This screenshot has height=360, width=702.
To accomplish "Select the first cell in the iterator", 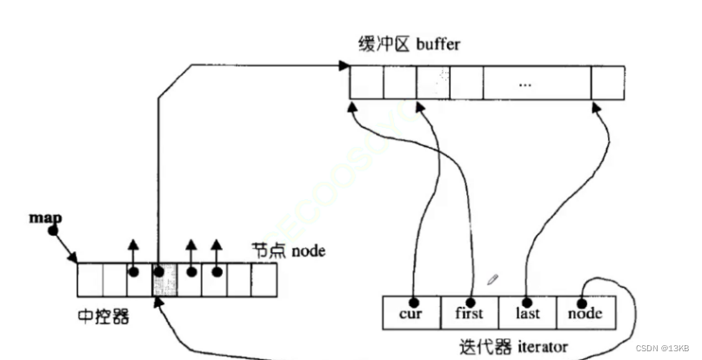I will click(x=469, y=313).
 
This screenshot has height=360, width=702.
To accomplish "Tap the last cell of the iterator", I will click(x=526, y=313).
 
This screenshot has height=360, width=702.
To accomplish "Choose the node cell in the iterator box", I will click(x=585, y=313).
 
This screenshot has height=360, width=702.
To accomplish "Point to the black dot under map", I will click(x=52, y=232).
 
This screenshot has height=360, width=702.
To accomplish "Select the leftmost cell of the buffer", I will click(x=366, y=83).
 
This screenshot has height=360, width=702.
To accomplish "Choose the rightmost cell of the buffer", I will click(x=607, y=83).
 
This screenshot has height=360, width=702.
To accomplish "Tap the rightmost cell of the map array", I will click(x=264, y=280).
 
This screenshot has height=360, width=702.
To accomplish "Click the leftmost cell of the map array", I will click(x=90, y=280).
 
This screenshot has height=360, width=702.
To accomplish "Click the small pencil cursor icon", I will click(x=493, y=280).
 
